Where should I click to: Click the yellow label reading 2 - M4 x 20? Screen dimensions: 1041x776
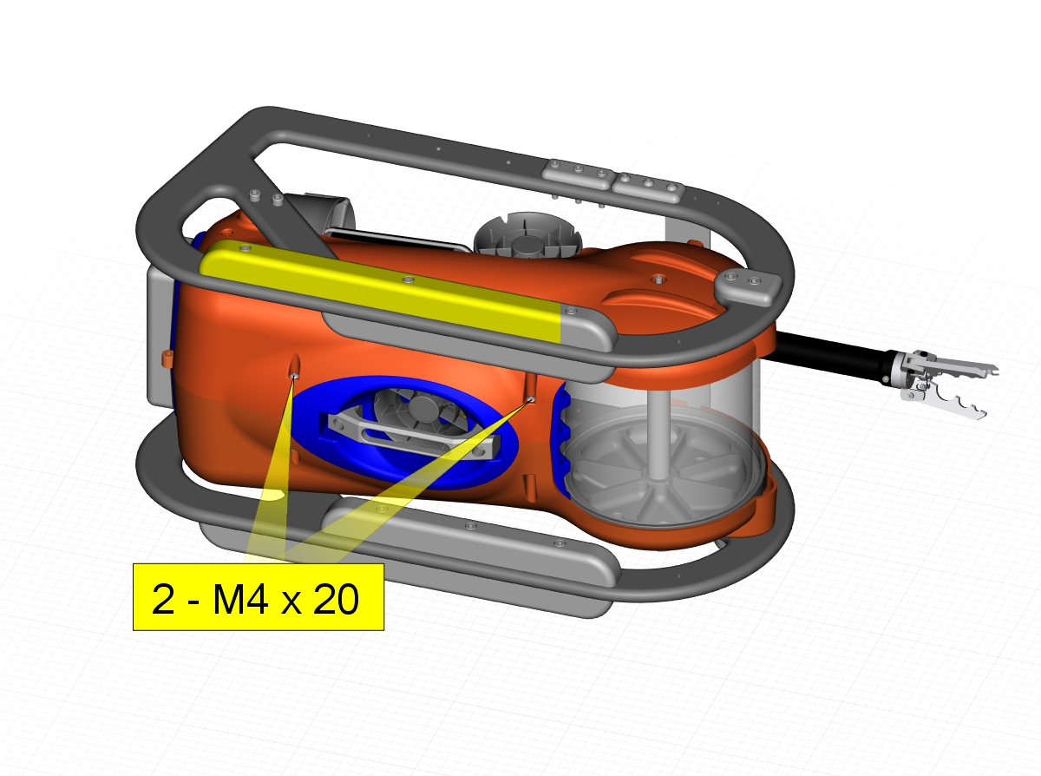[259, 597]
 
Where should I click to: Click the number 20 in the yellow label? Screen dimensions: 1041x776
[336, 599]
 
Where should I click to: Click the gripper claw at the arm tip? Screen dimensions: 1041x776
[943, 383]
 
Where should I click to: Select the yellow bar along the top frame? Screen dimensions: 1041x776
[380, 290]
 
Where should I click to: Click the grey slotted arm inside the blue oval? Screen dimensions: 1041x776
[410, 435]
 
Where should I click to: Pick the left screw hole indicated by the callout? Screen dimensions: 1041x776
[294, 376]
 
